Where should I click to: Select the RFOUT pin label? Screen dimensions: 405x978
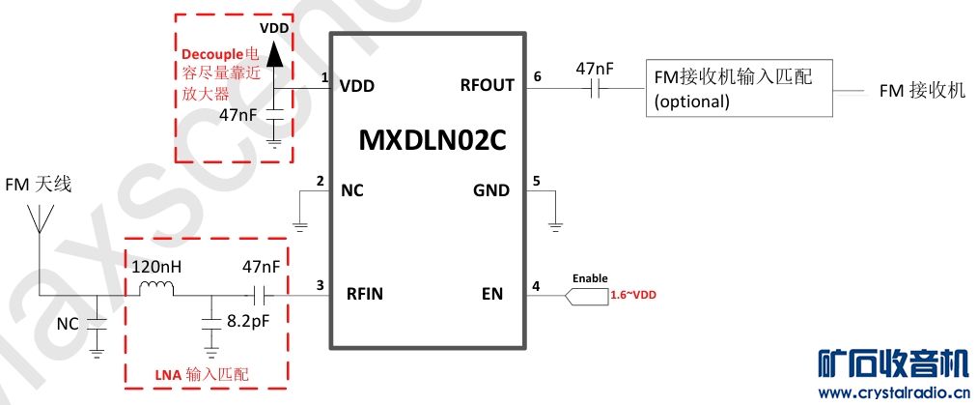click(488, 85)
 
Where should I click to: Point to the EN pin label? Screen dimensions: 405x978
click(491, 294)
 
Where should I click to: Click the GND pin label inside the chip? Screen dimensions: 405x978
click(490, 190)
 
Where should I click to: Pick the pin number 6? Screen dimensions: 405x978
click(538, 76)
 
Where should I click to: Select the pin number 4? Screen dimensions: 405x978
click(538, 285)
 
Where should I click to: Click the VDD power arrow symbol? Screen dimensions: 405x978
click(274, 55)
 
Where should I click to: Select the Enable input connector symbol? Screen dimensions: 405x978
click(584, 295)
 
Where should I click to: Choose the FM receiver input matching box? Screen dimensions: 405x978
click(739, 90)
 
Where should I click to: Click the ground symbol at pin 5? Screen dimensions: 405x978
click(555, 226)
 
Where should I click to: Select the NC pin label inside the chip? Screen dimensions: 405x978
click(351, 190)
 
